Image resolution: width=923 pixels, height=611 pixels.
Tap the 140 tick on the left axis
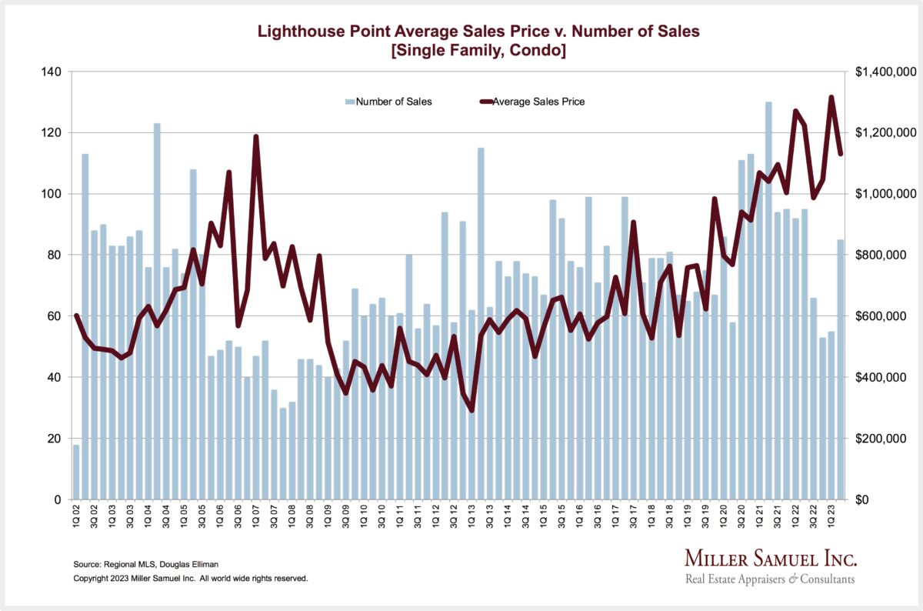pyautogui.click(x=52, y=72)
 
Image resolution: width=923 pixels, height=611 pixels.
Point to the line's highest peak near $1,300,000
pyautogui.click(x=831, y=97)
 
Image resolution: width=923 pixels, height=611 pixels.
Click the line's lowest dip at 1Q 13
pyautogui.click(x=471, y=410)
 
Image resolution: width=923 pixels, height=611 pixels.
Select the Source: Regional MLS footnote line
pyautogui.click(x=141, y=565)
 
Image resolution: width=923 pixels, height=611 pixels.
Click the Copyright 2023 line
pyautogui.click(x=190, y=578)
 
